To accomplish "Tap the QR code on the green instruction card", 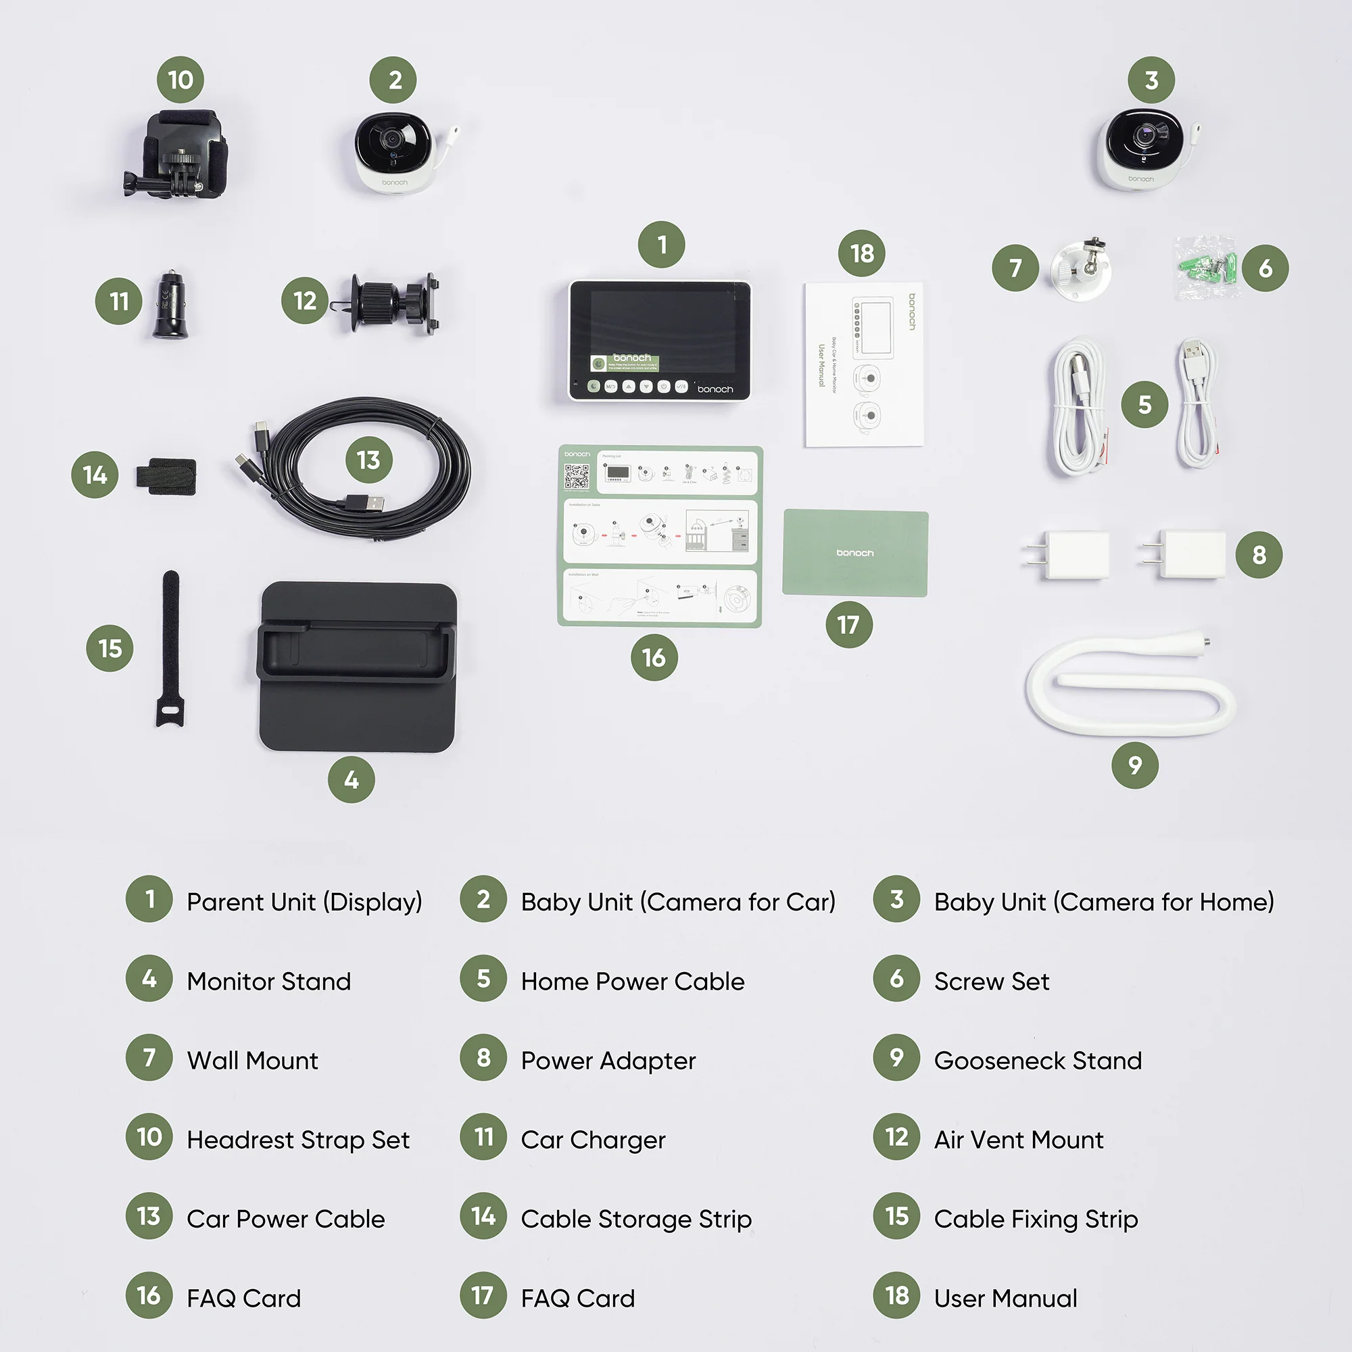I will click(x=577, y=477).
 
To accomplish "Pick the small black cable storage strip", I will click(x=166, y=476).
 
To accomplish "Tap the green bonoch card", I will click(x=855, y=553).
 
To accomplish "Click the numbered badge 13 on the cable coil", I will click(x=369, y=460).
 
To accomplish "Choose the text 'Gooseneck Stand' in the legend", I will click(x=1037, y=1060).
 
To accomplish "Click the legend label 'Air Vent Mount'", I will click(x=1018, y=1139).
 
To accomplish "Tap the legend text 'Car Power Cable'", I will click(x=285, y=1218).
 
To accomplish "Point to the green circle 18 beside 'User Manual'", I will click(x=896, y=1295).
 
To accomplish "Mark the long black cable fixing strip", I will click(x=170, y=648).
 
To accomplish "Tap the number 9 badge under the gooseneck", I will click(x=1134, y=765).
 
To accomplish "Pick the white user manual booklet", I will click(x=863, y=364).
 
